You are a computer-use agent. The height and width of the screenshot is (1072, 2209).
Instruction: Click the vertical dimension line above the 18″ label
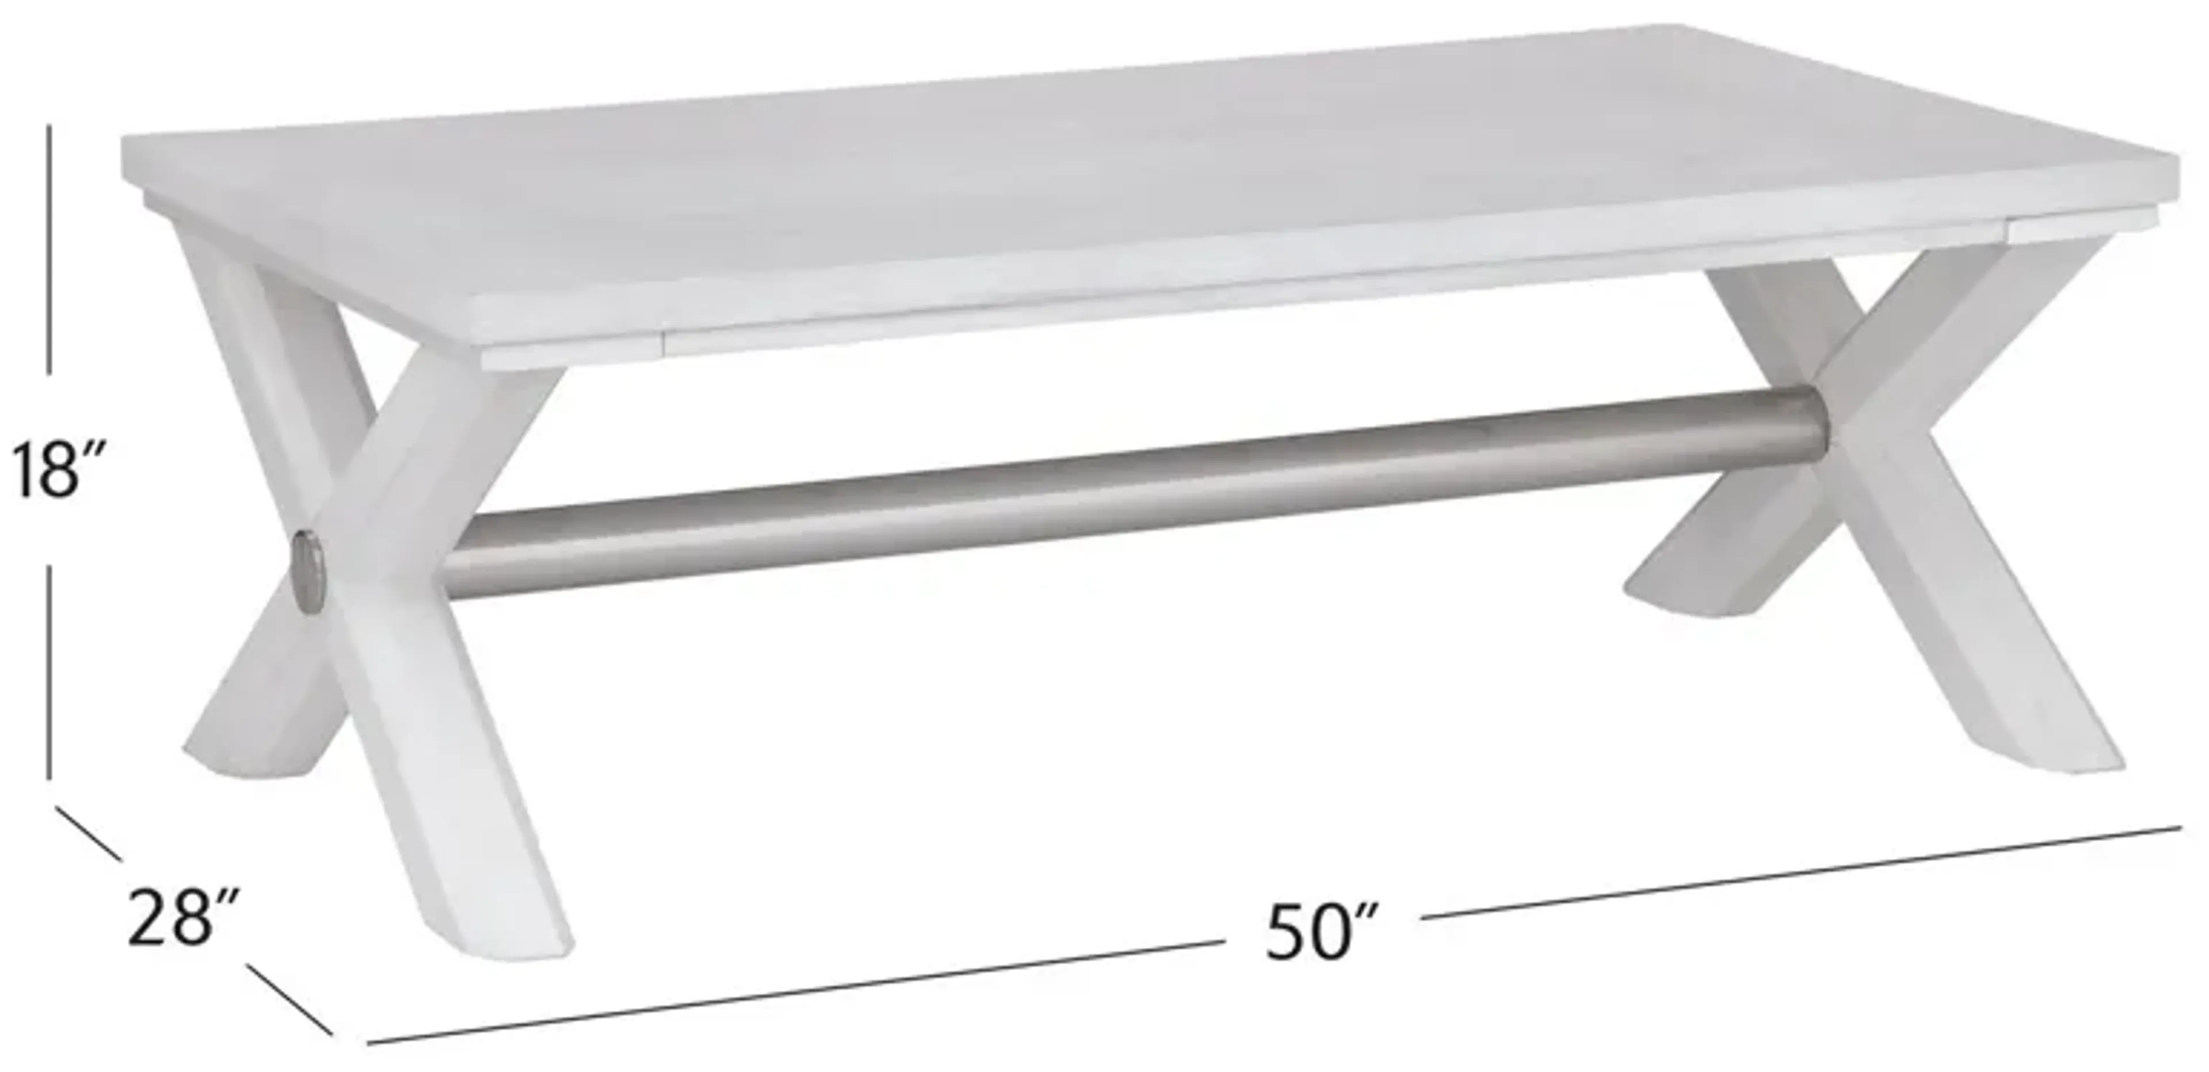49,249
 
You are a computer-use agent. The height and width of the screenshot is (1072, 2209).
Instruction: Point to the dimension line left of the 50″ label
797,995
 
